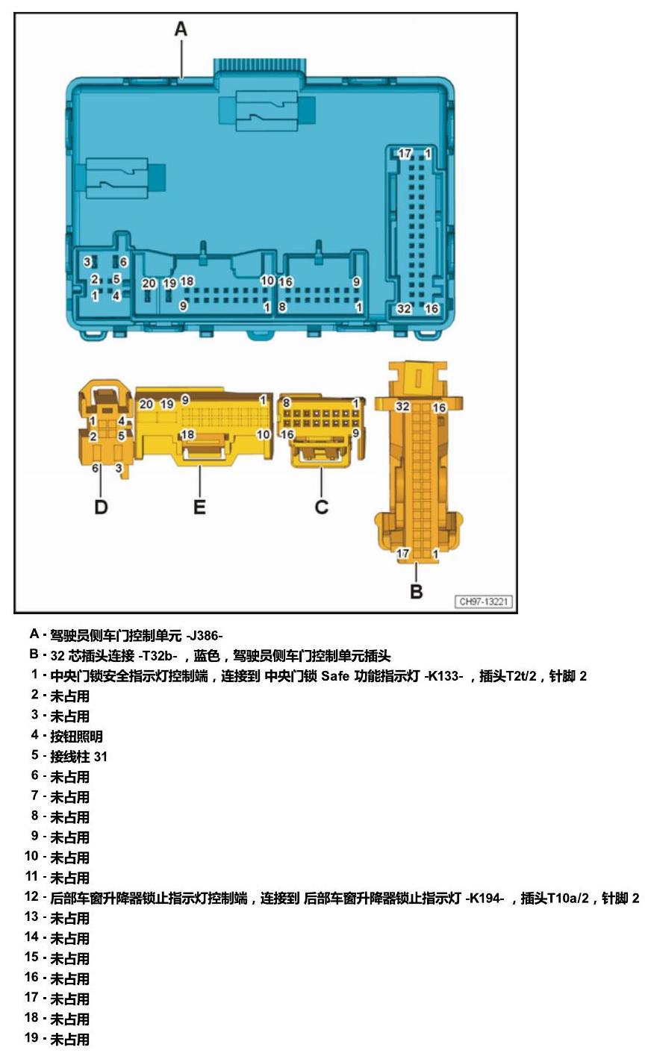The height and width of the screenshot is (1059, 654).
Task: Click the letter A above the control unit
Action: click(x=181, y=29)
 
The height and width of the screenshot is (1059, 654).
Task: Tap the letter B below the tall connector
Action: click(x=416, y=591)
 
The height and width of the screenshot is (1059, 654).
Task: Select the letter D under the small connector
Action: click(x=102, y=507)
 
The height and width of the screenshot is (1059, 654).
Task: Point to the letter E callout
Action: click(x=199, y=507)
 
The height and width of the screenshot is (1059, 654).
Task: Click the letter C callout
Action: click(x=322, y=507)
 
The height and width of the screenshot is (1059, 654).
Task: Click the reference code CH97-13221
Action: click(x=483, y=602)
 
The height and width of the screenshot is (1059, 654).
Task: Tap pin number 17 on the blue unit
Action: click(x=405, y=154)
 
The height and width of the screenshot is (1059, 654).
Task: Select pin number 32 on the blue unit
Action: click(x=404, y=308)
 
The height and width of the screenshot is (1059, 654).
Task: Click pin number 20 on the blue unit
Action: click(x=149, y=283)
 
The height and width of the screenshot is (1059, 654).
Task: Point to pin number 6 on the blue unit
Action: click(x=123, y=261)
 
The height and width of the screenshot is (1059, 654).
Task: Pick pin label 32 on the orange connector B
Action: click(x=402, y=406)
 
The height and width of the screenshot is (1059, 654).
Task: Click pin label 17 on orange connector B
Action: click(x=403, y=553)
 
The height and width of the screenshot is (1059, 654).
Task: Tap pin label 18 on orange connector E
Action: click(x=187, y=434)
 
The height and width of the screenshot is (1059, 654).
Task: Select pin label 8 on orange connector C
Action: click(x=287, y=403)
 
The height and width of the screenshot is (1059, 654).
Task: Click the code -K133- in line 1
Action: click(x=443, y=676)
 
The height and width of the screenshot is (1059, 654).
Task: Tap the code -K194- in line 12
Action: click(x=485, y=898)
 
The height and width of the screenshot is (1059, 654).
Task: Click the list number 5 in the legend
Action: click(x=35, y=755)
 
